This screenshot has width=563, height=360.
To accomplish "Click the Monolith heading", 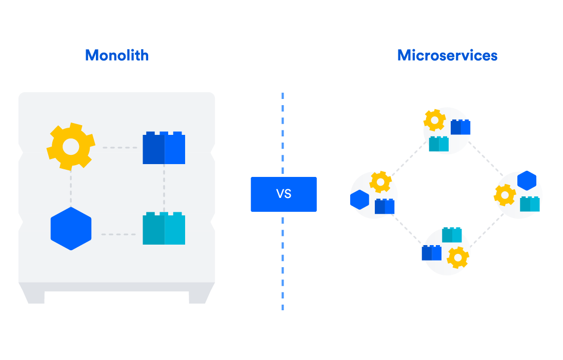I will click(117, 55).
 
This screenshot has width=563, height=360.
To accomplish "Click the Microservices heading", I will click(447, 55).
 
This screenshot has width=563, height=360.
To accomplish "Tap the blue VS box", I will click(284, 194).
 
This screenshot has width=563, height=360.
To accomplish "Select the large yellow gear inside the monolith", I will click(71, 147).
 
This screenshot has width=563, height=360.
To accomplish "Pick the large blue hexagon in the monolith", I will click(71, 229).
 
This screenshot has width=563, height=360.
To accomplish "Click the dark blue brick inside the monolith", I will click(164, 148).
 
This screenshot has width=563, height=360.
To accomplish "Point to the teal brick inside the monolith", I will click(164, 229).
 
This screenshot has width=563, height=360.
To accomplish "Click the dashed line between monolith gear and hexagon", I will click(71, 188).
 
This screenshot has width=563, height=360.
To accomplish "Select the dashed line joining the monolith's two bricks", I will click(164, 188).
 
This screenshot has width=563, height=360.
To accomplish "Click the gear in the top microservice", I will click(434, 121).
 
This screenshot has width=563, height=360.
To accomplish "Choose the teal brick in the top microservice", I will click(439, 144).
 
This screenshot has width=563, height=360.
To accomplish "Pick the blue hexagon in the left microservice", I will click(359, 199).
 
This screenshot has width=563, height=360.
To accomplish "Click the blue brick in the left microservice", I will click(385, 206).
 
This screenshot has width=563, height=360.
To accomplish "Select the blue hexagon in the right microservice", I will click(527, 181).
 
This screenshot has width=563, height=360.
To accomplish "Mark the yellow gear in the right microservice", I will click(505, 195).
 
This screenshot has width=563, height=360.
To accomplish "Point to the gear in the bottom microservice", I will click(457, 257).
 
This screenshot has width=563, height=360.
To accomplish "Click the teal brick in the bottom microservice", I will click(452, 235).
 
